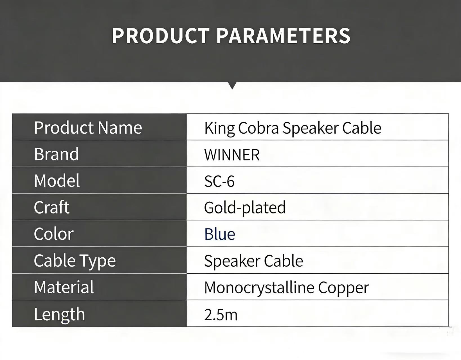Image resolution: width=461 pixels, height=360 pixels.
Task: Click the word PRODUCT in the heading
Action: pyautogui.click(x=161, y=36)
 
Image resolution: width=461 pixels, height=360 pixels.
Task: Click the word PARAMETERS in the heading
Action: pyautogui.click(x=284, y=36)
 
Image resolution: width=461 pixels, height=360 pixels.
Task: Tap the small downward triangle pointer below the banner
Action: pyautogui.click(x=233, y=86)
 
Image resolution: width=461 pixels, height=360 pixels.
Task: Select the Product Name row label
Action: pyautogui.click(x=88, y=128)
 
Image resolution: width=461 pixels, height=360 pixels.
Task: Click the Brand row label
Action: pyautogui.click(x=57, y=154)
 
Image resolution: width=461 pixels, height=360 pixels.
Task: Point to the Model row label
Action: pyautogui.click(x=57, y=181)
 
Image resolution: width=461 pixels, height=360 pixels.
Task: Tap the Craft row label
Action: pyautogui.click(x=51, y=207)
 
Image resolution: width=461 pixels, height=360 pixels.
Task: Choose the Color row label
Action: pyautogui.click(x=54, y=234)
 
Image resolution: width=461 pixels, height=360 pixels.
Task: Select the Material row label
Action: pyautogui.click(x=64, y=287)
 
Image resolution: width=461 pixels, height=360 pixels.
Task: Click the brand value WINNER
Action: pyautogui.click(x=232, y=155)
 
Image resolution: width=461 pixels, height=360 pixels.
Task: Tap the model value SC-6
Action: pyautogui.click(x=219, y=181)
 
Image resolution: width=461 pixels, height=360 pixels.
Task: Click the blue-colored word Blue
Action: pyautogui.click(x=220, y=234)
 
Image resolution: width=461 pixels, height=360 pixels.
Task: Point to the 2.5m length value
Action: pyautogui.click(x=221, y=315)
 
